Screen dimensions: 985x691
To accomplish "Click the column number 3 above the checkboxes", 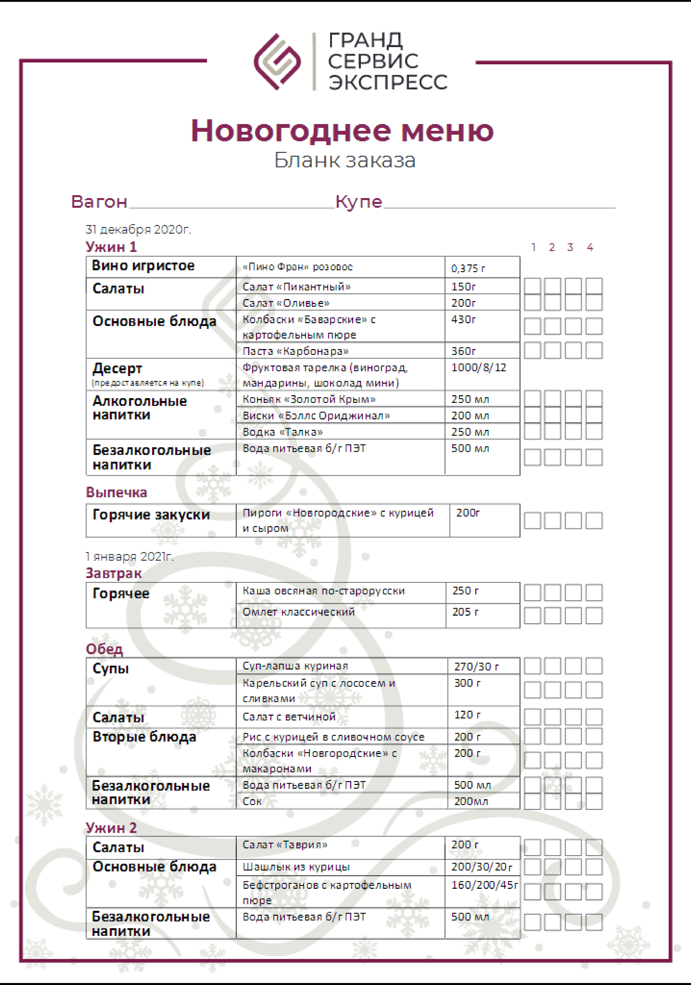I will coord(570,247).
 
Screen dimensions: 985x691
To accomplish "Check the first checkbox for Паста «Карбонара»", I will coord(532,350).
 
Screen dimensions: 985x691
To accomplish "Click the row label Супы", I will coord(111,668).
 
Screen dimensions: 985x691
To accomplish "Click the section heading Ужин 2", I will coord(111,828).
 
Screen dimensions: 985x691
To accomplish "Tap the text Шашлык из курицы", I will coord(296,867).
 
